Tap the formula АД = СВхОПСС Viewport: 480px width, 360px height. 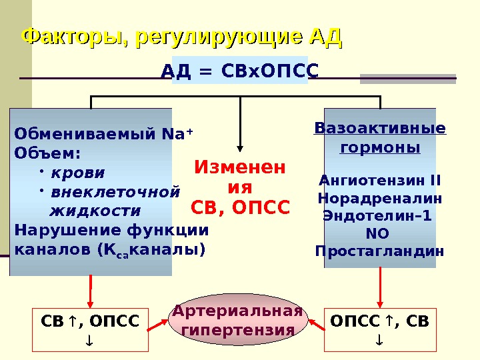(240, 71)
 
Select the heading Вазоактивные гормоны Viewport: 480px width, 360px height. (380, 137)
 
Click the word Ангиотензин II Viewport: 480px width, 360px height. (380, 181)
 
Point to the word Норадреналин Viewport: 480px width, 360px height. (380, 199)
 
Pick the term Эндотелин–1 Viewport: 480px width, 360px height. (377, 216)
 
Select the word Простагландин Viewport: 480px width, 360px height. (379, 251)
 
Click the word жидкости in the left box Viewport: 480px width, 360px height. (96, 211)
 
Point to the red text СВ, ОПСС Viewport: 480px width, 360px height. (240, 208)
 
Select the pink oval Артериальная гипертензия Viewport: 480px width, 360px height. (238, 321)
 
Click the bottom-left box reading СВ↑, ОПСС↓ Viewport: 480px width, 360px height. (91, 329)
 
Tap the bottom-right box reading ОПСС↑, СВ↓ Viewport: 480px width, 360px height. (380, 329)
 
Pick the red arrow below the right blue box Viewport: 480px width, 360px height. (380, 288)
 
